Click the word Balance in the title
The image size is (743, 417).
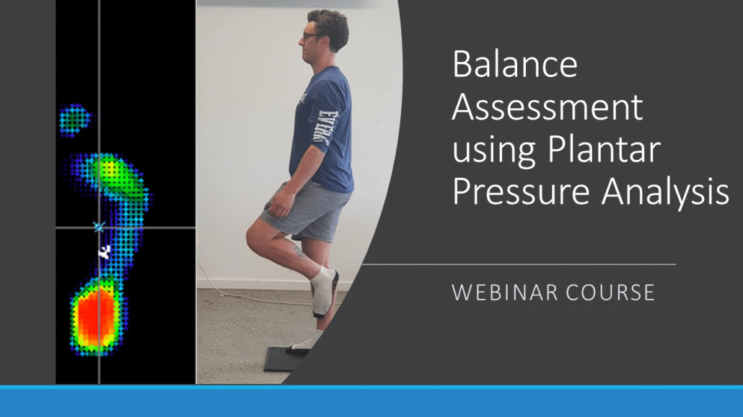(x=515, y=66)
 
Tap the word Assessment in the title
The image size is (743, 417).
(x=547, y=108)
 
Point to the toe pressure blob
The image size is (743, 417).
(x=74, y=119)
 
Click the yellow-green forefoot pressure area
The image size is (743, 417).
(x=112, y=173)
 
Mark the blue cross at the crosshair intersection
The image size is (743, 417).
(x=99, y=227)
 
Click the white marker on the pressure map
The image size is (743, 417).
(x=105, y=251)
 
